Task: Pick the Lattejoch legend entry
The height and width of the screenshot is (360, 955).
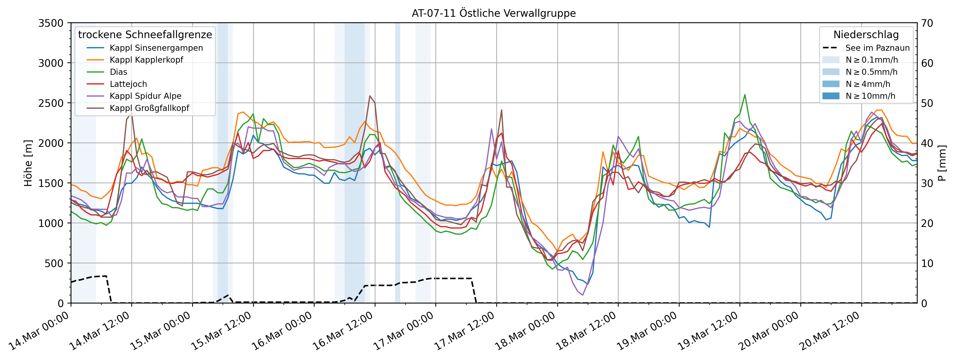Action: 128,84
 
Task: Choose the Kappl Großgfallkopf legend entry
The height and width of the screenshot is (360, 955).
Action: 149,108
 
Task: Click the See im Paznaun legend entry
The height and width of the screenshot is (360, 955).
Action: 877,48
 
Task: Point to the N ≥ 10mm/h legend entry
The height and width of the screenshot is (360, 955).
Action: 870,96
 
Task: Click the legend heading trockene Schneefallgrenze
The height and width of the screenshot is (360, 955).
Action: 145,34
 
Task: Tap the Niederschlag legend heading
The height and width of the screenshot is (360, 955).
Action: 866,34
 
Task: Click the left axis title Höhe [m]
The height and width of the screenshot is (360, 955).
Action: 28,163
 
